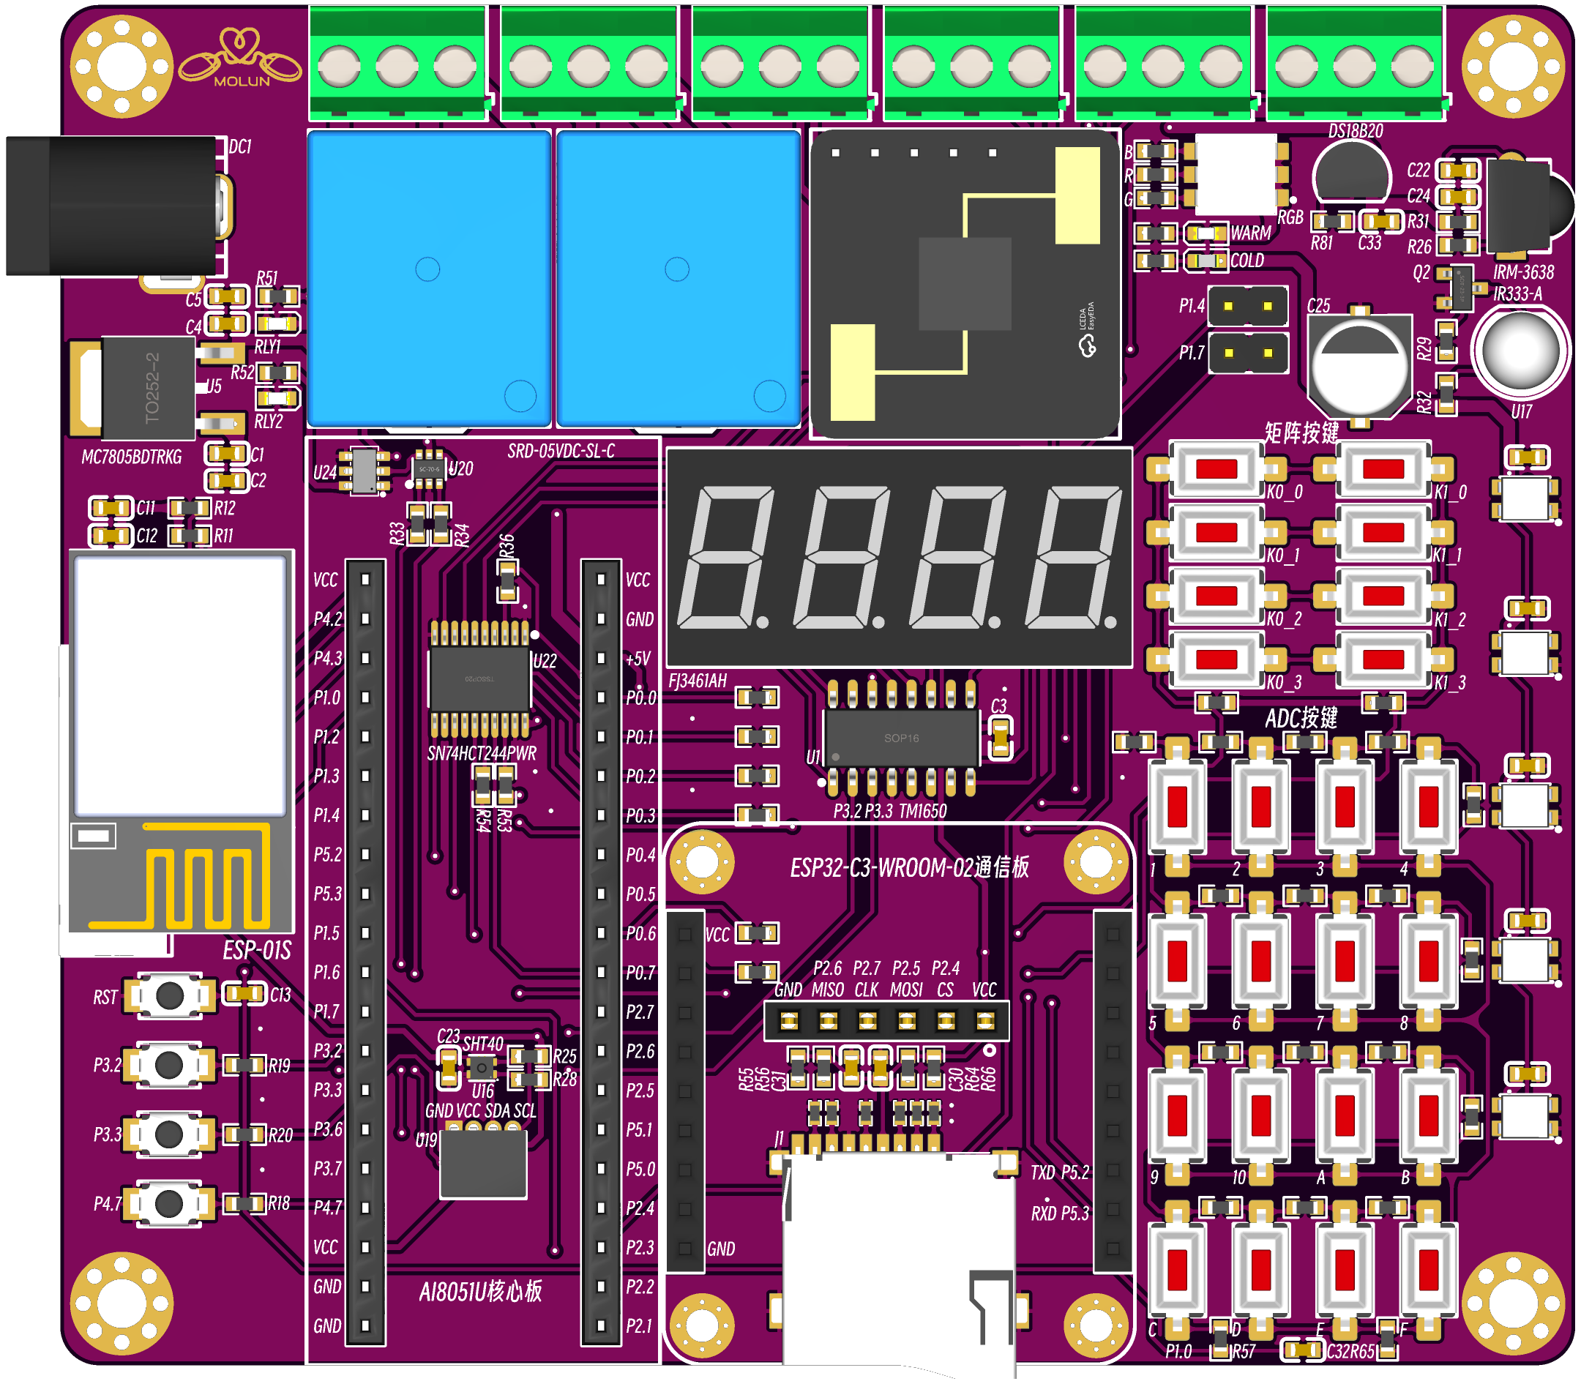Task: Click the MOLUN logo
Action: click(240, 58)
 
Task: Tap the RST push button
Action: click(170, 995)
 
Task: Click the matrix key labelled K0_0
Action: click(1216, 469)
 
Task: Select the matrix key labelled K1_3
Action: click(1383, 659)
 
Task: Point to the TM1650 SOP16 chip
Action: click(901, 738)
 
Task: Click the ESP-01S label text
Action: click(257, 951)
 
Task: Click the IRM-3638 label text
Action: click(1523, 273)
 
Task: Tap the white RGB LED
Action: click(1236, 174)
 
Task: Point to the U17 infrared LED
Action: click(1520, 351)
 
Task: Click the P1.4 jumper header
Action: click(1247, 307)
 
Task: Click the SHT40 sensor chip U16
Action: click(482, 1068)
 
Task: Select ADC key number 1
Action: click(1177, 807)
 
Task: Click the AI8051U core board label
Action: click(480, 1292)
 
